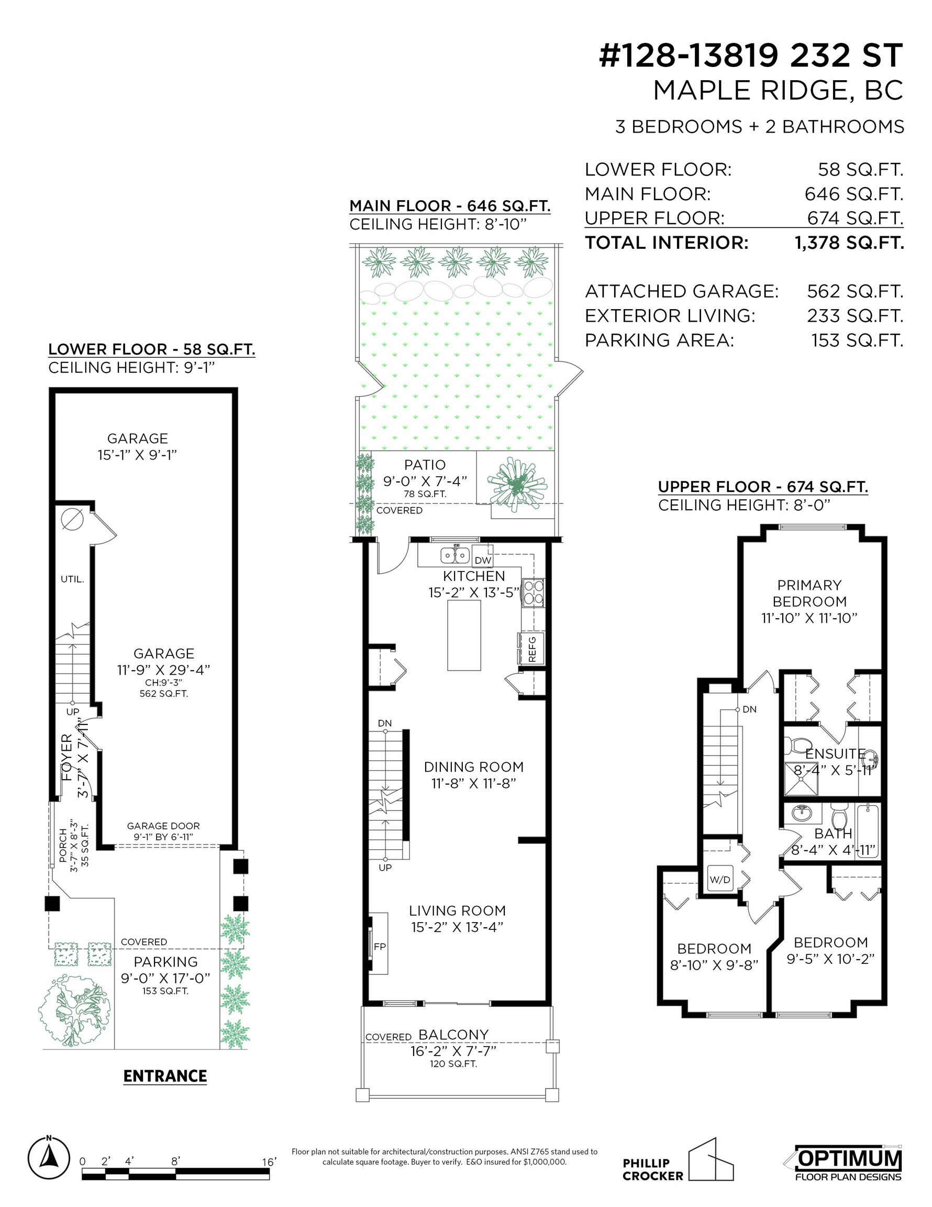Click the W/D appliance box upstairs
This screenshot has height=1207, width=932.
[720, 879]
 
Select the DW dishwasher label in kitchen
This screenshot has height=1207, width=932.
[483, 560]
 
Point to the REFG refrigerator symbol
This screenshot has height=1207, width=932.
[531, 648]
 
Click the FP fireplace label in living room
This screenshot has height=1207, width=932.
[380, 946]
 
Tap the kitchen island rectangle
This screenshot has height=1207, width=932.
[464, 635]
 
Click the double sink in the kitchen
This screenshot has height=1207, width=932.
[454, 554]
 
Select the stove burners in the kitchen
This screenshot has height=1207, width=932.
[534, 592]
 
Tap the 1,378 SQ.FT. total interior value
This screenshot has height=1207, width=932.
[849, 243]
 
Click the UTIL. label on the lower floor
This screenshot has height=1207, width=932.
[72, 579]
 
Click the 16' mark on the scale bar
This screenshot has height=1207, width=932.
[269, 1161]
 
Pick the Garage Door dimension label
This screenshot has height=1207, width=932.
[163, 831]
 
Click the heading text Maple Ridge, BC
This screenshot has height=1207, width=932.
[778, 91]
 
